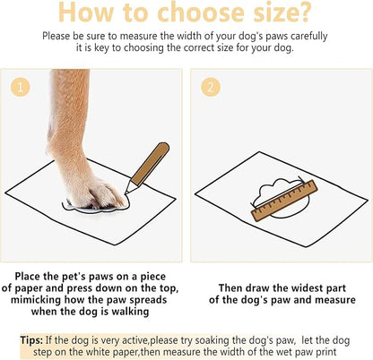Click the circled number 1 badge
(x=20, y=88)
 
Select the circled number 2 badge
(x=209, y=88)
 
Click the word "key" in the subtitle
(x=118, y=49)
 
